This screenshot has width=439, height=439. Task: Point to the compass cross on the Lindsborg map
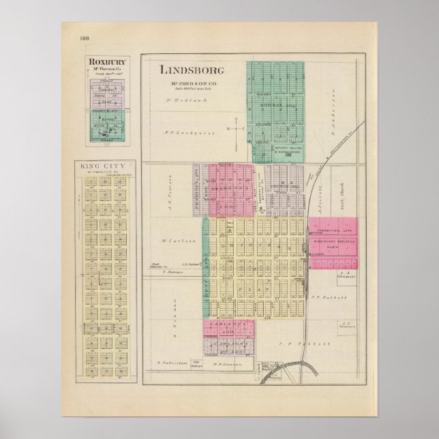tap(234, 129)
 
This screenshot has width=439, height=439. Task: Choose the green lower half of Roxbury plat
tap(106, 126)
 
